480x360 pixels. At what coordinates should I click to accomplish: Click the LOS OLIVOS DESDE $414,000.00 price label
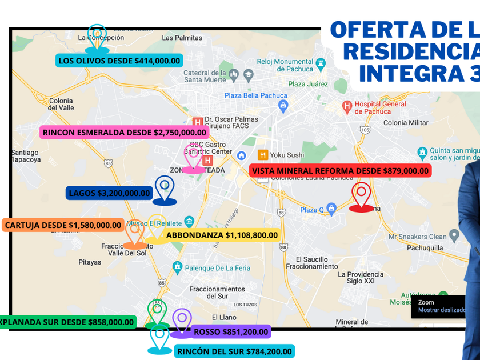click(x=119, y=61)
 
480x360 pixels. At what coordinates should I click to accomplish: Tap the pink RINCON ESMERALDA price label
click(x=124, y=132)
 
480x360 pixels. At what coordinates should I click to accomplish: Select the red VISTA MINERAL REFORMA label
click(x=340, y=170)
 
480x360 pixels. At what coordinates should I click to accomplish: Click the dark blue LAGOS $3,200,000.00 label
click(x=109, y=193)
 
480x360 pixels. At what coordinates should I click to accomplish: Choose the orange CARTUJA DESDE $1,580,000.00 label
click(x=63, y=225)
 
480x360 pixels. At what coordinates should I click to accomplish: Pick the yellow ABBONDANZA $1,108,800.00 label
click(x=222, y=235)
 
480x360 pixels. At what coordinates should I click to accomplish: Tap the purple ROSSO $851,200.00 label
click(x=231, y=331)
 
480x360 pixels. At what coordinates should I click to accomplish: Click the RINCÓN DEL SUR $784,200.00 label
click(x=234, y=351)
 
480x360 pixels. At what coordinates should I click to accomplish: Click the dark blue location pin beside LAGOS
click(x=165, y=189)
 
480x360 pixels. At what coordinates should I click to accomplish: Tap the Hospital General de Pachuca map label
click(x=380, y=107)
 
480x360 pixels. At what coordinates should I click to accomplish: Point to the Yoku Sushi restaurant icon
click(x=263, y=155)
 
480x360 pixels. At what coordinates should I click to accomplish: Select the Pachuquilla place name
click(x=425, y=248)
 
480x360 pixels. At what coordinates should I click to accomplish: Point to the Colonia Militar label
click(x=406, y=123)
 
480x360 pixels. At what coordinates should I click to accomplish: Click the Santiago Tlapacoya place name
click(x=25, y=156)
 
